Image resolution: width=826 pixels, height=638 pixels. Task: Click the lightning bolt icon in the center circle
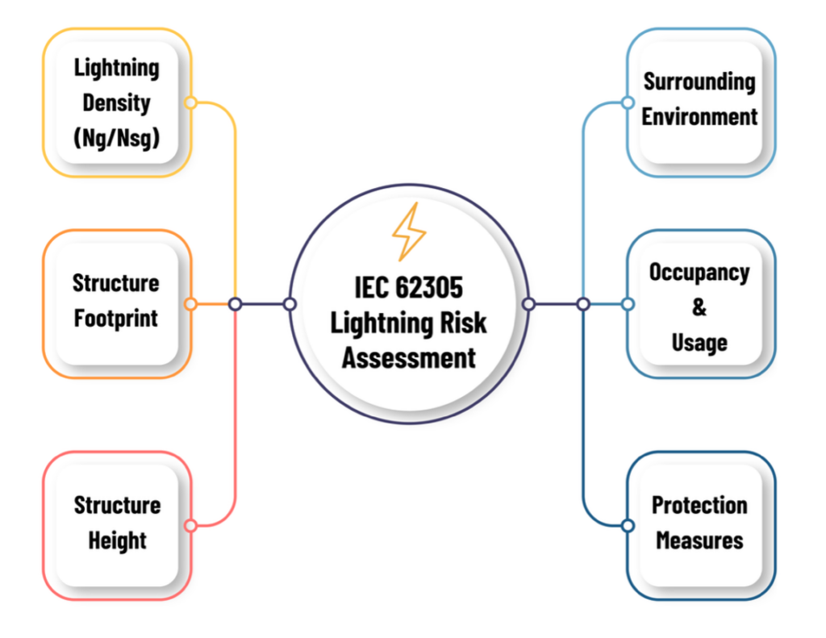click(x=408, y=232)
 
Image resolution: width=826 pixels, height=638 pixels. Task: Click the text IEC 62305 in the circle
click(x=408, y=287)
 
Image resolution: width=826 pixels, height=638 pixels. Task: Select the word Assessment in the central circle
click(x=408, y=357)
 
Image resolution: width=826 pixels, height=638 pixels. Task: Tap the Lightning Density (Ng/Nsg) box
click(x=117, y=102)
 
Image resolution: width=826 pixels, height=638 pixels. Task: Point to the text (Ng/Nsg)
click(x=117, y=138)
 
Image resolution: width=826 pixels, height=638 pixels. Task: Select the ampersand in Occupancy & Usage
click(x=699, y=307)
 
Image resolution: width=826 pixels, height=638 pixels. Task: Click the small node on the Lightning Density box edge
click(x=190, y=102)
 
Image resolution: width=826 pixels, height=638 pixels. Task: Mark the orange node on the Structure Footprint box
click(x=190, y=304)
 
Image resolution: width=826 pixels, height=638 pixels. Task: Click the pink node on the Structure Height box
click(x=190, y=526)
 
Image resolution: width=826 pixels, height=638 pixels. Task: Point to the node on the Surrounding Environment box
click(x=628, y=102)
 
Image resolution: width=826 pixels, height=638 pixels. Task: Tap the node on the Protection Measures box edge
click(x=628, y=526)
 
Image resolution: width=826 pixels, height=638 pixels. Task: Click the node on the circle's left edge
click(x=290, y=304)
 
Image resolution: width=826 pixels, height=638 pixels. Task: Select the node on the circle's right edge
click(x=528, y=304)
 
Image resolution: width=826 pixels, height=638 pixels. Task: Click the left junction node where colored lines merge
click(x=235, y=304)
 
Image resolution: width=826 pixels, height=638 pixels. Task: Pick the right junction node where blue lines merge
click(x=583, y=304)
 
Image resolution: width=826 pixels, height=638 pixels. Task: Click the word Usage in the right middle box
click(x=699, y=342)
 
